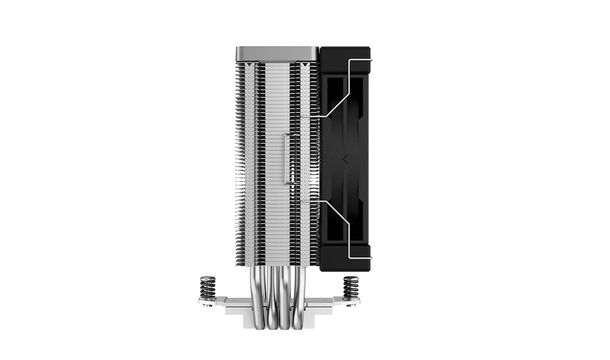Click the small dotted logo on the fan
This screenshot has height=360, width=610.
pyautogui.click(x=346, y=159)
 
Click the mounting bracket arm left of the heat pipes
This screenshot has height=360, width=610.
pyautogui.click(x=236, y=301)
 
